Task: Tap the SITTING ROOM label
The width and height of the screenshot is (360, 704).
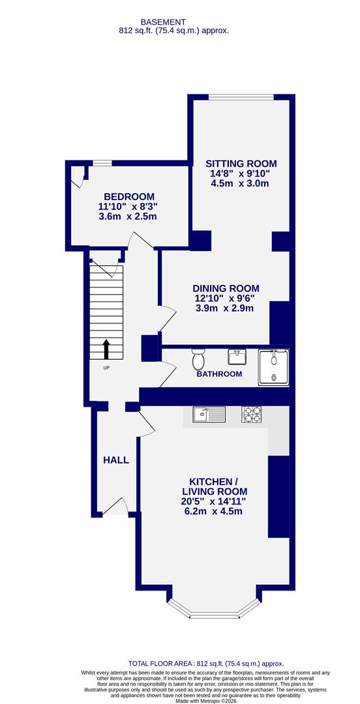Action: [x=241, y=164]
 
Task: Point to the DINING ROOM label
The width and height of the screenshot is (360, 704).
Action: [x=226, y=288]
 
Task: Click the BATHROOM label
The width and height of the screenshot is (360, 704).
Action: [x=219, y=374]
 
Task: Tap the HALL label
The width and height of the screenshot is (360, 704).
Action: [x=116, y=460]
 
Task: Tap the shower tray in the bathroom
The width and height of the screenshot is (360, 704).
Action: [x=274, y=366]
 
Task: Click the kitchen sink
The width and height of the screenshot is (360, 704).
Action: [x=209, y=413]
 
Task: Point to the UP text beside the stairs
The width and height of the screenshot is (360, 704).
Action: [x=106, y=368]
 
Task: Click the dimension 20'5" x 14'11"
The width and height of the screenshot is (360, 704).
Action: [x=215, y=501]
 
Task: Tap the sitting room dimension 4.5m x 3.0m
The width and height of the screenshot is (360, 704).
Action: [x=240, y=184]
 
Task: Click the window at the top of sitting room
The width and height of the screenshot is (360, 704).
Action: [x=241, y=97]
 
